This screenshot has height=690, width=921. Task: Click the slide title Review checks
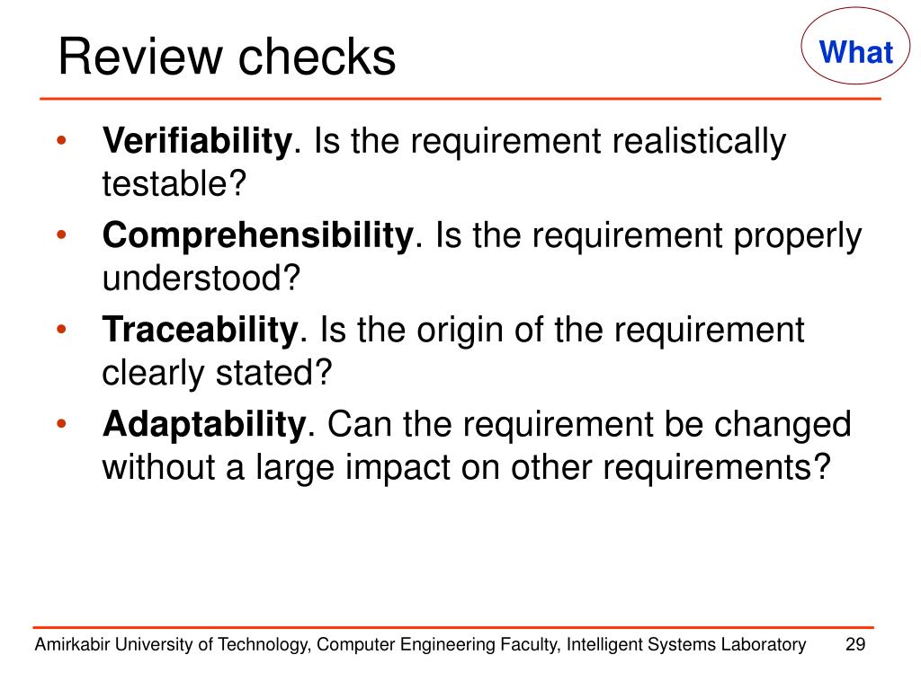click(x=227, y=57)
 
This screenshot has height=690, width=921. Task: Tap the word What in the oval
click(x=856, y=52)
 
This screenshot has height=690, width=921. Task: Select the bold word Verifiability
click(x=197, y=141)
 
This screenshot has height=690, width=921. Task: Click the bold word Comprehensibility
click(x=257, y=235)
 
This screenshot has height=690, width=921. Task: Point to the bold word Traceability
click(x=200, y=330)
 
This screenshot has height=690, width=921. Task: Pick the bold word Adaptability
click(x=204, y=424)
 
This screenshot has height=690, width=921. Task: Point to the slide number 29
click(x=855, y=644)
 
